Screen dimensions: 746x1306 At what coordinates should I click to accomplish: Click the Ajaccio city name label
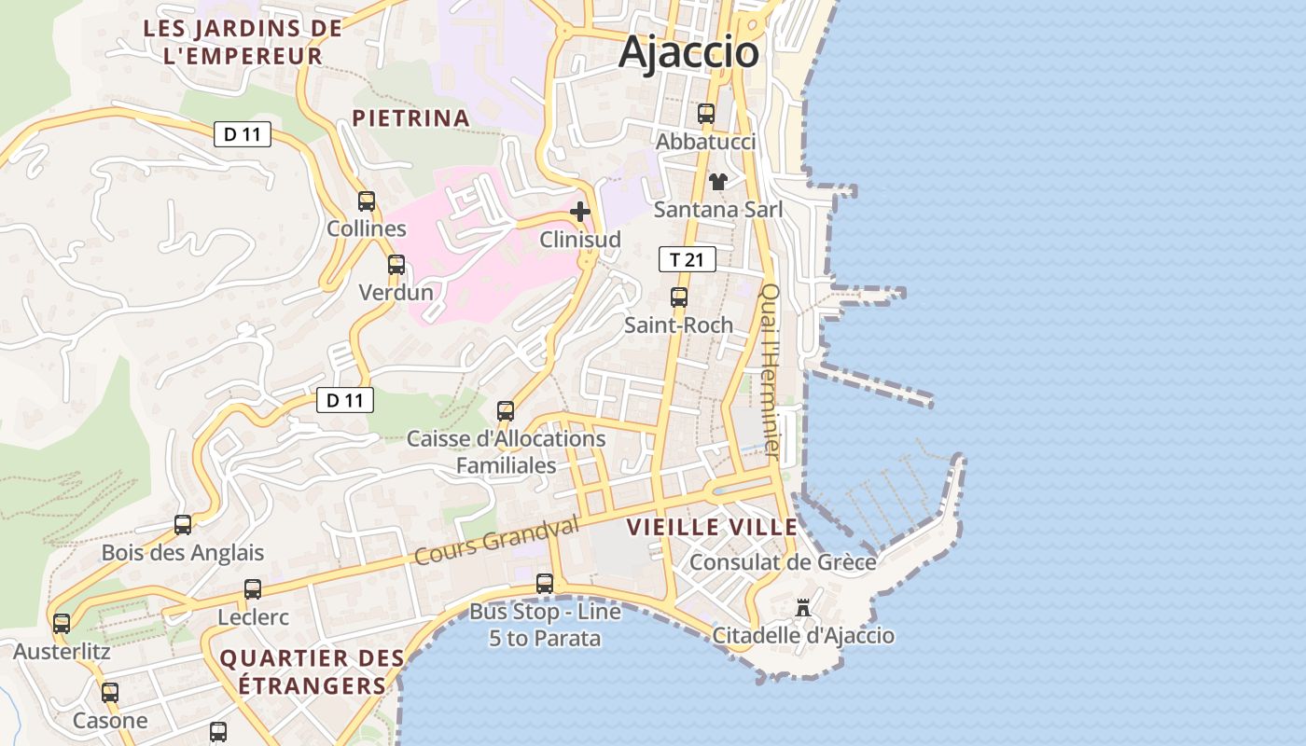[x=688, y=51]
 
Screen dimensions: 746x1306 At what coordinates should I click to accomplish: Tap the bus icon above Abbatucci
[x=706, y=114]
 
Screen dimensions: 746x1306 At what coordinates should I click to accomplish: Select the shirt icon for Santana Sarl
[x=717, y=181]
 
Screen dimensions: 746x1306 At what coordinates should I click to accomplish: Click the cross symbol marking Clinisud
[x=580, y=212]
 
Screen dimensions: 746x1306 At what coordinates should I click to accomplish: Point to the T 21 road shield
[x=687, y=259]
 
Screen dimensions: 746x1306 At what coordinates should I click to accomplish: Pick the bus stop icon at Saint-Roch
[x=679, y=297]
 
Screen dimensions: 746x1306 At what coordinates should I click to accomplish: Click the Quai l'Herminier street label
[x=771, y=370]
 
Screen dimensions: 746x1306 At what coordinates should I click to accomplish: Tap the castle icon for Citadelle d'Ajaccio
[x=802, y=608]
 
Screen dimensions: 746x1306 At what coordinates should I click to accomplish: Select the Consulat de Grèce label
[x=783, y=562]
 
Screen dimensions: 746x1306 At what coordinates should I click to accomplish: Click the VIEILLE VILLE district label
[x=712, y=527]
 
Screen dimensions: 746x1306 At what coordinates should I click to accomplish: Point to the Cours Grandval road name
[x=496, y=540]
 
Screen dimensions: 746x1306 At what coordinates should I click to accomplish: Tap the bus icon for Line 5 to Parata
[x=545, y=584]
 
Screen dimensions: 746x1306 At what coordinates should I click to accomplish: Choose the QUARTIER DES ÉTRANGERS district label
[x=312, y=671]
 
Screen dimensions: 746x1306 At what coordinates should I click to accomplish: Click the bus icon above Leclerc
[x=253, y=589]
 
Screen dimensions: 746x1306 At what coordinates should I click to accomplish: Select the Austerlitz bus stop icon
[x=62, y=623]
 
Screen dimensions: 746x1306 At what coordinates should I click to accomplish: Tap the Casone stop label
[x=110, y=720]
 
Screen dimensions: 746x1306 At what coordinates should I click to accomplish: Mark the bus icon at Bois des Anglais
[x=183, y=525]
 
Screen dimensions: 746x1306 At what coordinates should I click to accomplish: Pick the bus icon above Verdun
[x=396, y=265]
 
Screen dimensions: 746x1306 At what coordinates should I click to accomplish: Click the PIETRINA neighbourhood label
[x=410, y=117]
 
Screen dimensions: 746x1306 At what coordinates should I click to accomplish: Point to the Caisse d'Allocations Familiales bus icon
[x=506, y=410]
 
